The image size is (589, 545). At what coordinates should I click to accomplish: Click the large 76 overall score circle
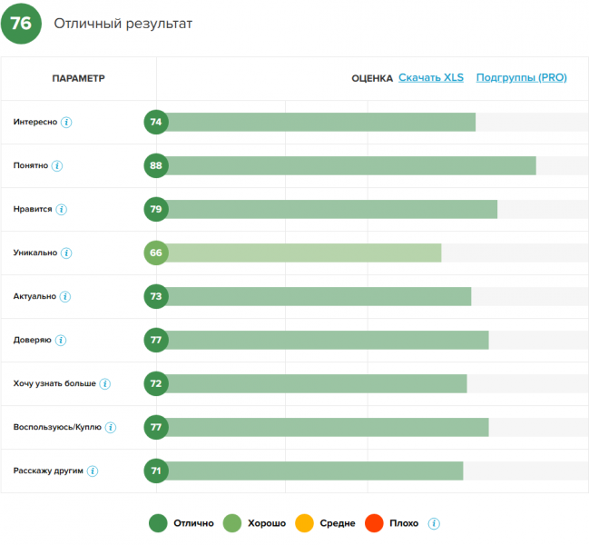21,24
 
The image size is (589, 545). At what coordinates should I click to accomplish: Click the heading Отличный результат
123,24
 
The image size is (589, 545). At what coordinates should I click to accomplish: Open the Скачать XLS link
431,78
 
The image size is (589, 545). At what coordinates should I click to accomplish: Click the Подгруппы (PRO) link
521,78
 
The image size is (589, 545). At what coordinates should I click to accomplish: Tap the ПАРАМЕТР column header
79,78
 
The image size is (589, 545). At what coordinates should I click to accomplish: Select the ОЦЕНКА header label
372,78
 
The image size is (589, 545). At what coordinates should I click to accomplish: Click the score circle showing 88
156,165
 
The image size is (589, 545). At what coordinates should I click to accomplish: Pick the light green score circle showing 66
156,253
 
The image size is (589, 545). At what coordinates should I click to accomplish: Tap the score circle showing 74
156,122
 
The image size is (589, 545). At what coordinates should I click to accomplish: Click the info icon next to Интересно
66,123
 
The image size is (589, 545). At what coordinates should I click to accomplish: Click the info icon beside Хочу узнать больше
104,384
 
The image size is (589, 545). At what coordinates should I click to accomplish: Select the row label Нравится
33,210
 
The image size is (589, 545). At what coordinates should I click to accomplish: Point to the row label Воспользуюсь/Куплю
57,428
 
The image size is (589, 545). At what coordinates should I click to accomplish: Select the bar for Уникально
304,253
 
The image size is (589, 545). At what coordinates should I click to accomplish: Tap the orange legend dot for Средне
304,523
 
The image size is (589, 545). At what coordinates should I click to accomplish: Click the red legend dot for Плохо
373,523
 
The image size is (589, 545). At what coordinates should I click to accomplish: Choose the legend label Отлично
192,523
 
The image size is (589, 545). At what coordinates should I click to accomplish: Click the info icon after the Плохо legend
434,523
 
